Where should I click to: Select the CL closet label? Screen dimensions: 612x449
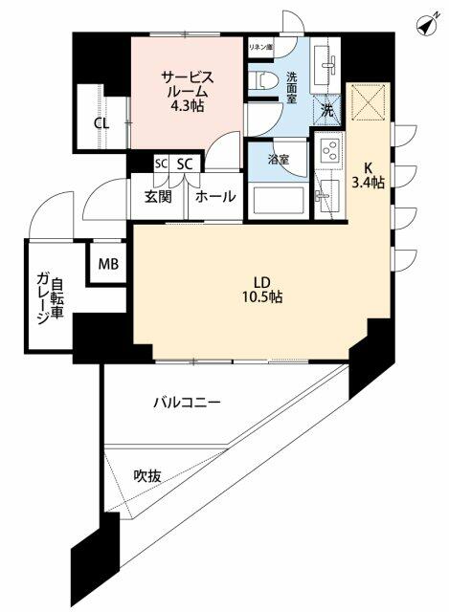point(101,122)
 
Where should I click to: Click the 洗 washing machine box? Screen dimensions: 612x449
point(327,110)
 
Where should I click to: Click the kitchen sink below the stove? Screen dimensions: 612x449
point(329,194)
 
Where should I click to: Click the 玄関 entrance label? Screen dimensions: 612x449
point(158,197)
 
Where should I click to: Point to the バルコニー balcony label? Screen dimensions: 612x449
point(187,403)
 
